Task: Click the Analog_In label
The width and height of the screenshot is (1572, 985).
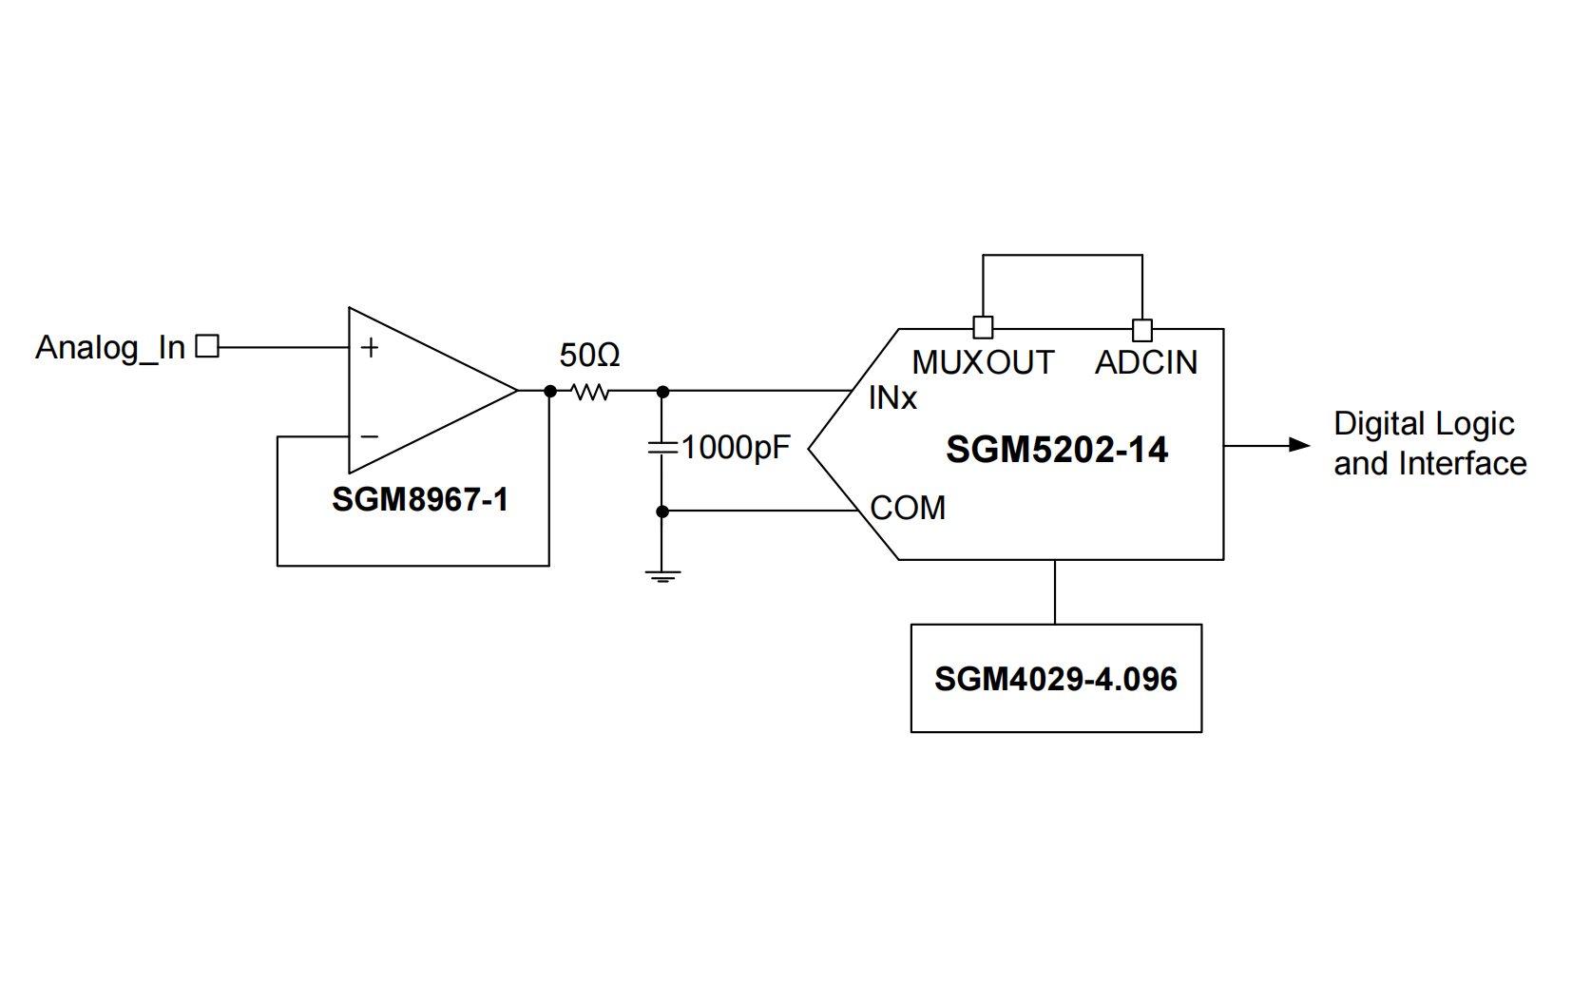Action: point(110,348)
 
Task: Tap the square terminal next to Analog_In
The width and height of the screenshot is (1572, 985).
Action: point(206,346)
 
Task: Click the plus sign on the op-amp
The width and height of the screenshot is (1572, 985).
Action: point(370,348)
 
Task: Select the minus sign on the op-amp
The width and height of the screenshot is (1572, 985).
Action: point(370,436)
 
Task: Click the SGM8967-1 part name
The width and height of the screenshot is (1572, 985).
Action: point(420,499)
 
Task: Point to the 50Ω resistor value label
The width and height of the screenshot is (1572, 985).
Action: point(589,356)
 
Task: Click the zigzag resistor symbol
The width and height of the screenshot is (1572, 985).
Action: point(590,391)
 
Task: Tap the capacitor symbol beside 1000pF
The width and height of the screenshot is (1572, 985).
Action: point(662,447)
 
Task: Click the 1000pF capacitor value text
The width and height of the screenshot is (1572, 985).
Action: point(736,448)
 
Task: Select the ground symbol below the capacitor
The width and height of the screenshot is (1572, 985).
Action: point(662,575)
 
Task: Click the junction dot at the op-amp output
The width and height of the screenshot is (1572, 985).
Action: point(550,391)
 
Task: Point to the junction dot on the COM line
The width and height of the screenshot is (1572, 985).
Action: point(662,512)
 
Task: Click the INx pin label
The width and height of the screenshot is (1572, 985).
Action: point(891,398)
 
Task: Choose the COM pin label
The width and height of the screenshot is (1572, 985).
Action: point(908,508)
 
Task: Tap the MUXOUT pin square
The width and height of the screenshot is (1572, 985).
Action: point(984,328)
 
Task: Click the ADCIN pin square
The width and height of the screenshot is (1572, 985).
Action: point(1142,330)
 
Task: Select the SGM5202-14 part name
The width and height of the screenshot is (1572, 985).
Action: point(1057,450)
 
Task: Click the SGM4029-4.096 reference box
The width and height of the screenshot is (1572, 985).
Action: point(1056,678)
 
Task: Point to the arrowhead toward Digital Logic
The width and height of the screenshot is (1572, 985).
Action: point(1298,445)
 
